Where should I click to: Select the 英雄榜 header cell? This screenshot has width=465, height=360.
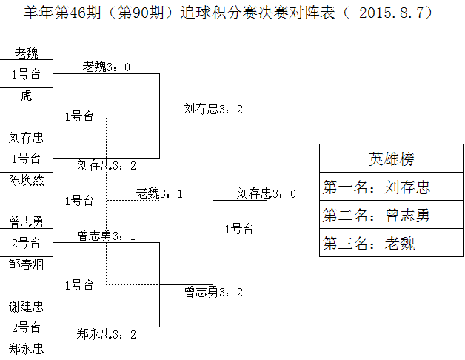pos(391,159)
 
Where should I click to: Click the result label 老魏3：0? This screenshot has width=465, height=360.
pos(106,67)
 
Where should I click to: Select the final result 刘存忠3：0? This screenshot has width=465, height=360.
pos(267,193)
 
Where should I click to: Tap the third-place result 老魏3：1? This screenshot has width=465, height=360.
pos(159,193)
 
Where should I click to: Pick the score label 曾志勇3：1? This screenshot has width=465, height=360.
pos(106,236)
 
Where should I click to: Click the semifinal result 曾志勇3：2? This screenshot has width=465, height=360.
pos(214,292)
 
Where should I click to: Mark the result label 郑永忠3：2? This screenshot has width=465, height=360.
pos(106,334)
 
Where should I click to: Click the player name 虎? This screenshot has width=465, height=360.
pos(27,96)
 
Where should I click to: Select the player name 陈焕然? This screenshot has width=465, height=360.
pos(27,179)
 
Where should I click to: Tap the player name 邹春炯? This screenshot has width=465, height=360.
pos(27,264)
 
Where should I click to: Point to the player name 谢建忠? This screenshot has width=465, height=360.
pos(27,307)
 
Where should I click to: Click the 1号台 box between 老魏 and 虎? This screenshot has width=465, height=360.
pos(27,74)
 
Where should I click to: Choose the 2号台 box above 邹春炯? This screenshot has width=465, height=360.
pos(27,242)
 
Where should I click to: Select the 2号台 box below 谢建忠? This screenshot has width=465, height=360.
pos(27,327)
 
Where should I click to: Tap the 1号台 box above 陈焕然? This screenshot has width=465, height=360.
pos(27,158)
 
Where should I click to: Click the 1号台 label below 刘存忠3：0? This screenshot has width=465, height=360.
pos(239,229)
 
